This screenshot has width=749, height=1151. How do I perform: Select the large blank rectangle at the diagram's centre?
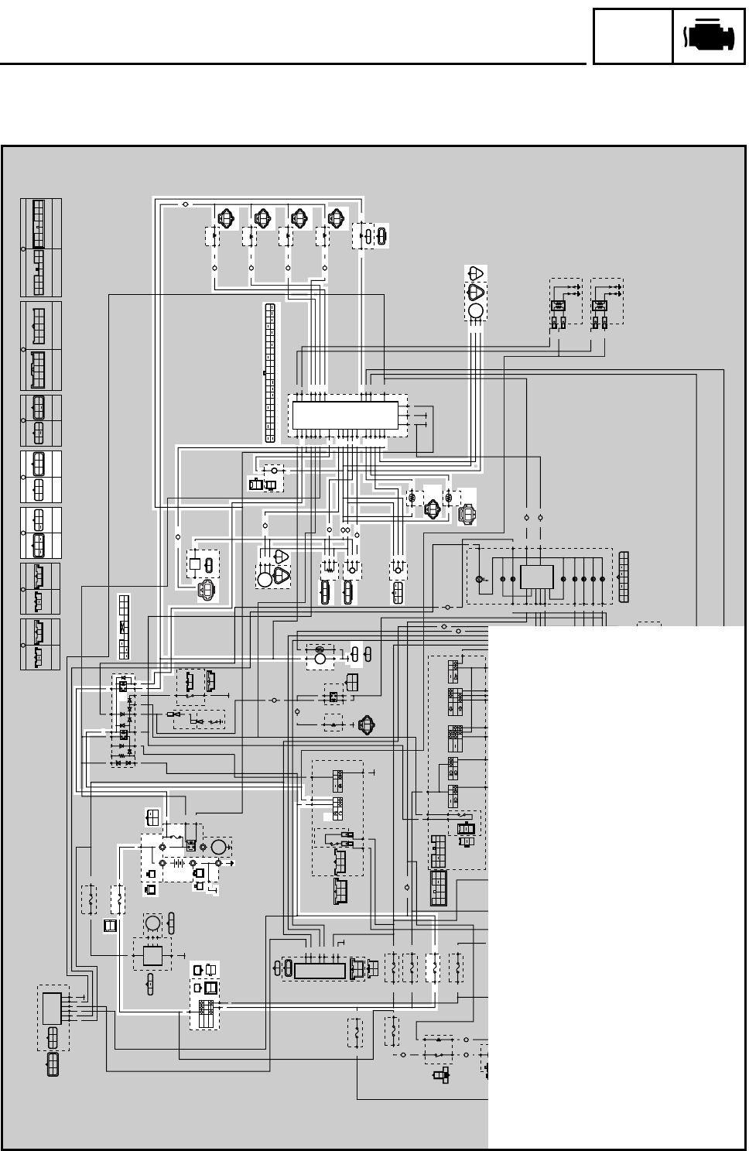pyautogui.click(x=345, y=415)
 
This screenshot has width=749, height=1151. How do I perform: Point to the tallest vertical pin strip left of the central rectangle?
pyautogui.click(x=269, y=372)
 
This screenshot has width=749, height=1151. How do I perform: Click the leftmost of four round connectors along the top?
pyautogui.click(x=225, y=218)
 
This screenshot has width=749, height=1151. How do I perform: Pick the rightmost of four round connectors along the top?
pyautogui.click(x=337, y=218)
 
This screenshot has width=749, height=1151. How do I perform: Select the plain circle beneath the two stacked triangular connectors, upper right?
pyautogui.click(x=475, y=311)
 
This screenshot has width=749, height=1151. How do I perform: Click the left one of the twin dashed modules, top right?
pyautogui.click(x=564, y=301)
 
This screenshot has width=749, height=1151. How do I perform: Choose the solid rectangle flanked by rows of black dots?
pyautogui.click(x=536, y=577)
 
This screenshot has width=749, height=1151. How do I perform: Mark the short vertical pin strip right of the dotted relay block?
pyautogui.click(x=624, y=577)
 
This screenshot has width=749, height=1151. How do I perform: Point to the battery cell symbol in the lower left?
pyautogui.click(x=181, y=861)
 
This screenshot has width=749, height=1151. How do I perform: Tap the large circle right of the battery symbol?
pyautogui.click(x=218, y=846)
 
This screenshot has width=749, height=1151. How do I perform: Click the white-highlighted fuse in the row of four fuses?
pyautogui.click(x=433, y=968)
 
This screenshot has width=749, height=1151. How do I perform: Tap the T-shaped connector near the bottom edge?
pyautogui.click(x=441, y=1076)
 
